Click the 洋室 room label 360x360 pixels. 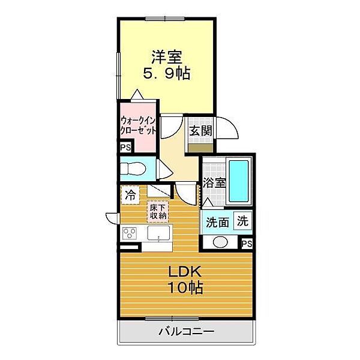coord(167,57)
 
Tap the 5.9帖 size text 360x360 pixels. coord(167,73)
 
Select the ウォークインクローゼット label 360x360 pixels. coord(138,125)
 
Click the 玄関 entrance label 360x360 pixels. coord(200,131)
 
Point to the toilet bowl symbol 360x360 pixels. coord(133,169)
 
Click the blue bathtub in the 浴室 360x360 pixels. coord(239,181)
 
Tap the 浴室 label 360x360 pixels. coord(214,183)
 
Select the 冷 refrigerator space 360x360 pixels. coord(130,195)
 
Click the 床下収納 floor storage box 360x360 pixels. coord(158,212)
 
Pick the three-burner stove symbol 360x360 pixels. coord(130,233)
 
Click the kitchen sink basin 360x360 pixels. coord(158,233)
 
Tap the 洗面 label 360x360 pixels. coord(217,223)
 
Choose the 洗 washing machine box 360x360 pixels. coord(242,221)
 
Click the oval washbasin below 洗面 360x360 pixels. coord(220,242)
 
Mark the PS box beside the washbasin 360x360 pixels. coord(247,244)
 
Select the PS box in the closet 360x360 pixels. coord(126,147)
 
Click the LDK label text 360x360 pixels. coord(185,272)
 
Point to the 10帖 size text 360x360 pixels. coord(185,287)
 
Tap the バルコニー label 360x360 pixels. coord(187,332)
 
